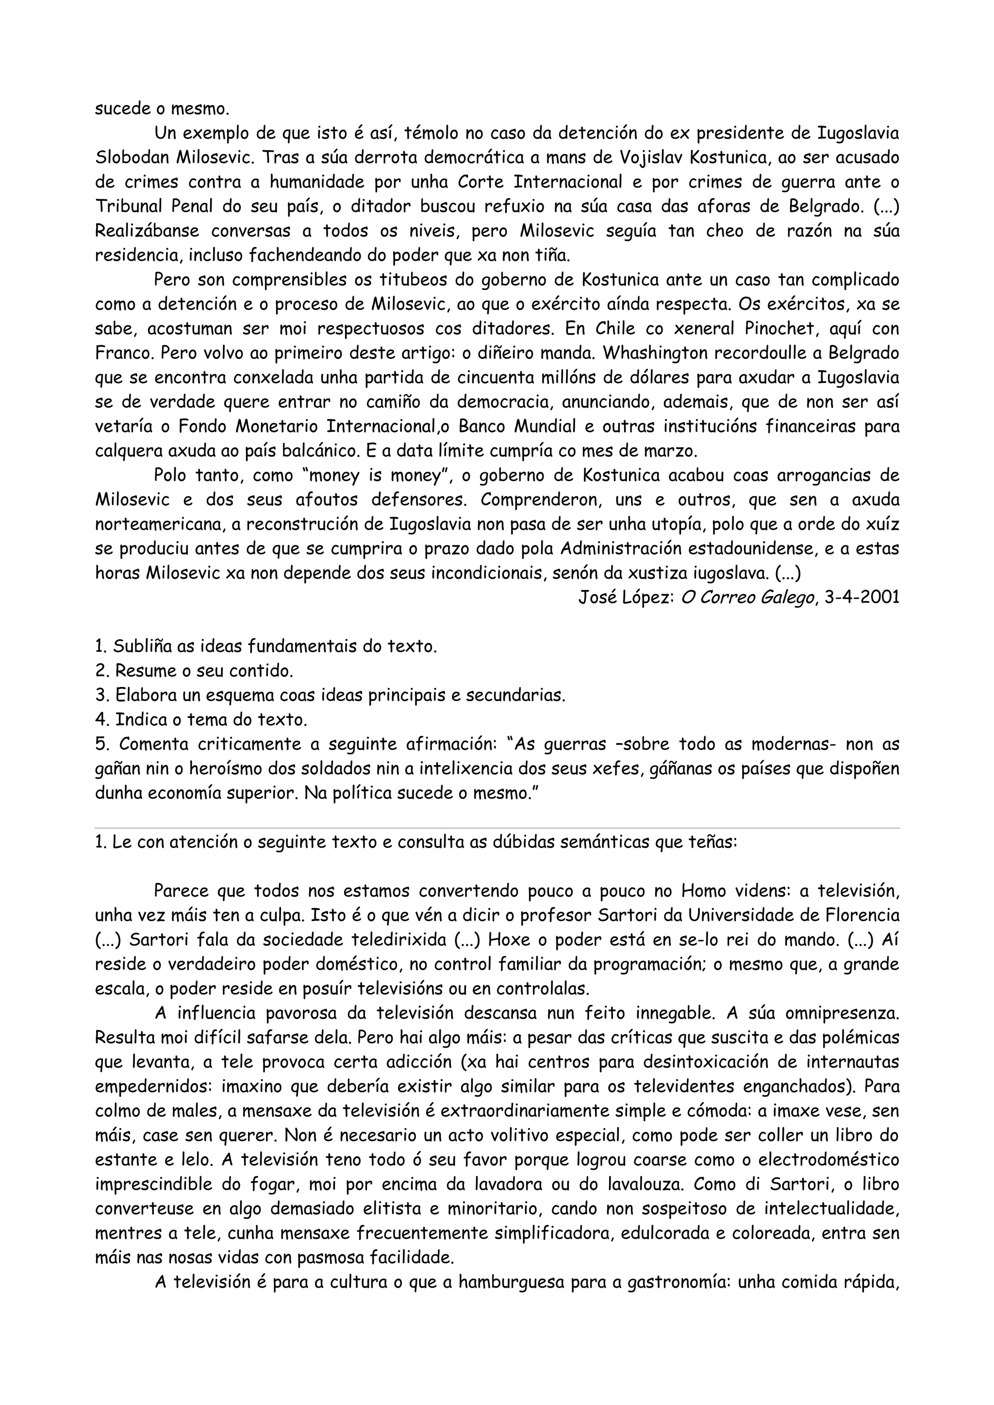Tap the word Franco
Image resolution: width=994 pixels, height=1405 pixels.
click(117, 353)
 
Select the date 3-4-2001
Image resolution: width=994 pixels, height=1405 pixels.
click(862, 597)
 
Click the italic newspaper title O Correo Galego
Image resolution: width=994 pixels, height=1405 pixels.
click(748, 597)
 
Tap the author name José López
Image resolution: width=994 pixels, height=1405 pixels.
click(627, 597)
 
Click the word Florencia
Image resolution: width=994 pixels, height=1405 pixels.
click(860, 915)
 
